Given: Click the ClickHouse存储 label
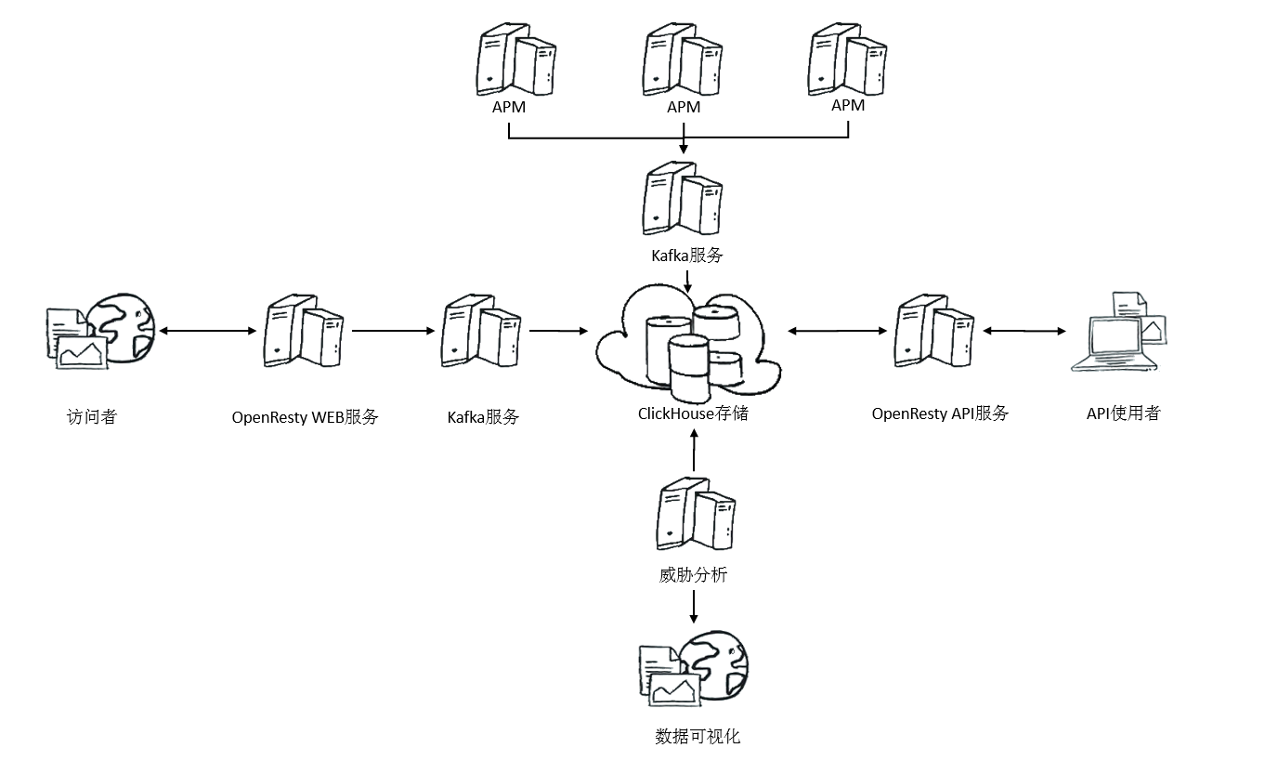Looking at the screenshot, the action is [693, 413].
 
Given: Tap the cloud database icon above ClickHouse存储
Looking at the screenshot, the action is [688, 343].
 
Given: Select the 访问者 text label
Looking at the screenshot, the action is [91, 417].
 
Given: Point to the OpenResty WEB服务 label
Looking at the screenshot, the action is [305, 417].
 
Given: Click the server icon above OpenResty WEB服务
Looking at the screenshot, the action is [304, 331].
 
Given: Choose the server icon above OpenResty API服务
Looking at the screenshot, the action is [934, 331].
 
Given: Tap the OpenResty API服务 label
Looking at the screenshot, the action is [940, 413].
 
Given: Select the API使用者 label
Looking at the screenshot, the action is [1124, 413].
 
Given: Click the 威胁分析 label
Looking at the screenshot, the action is [693, 574].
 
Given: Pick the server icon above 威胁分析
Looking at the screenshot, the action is [696, 513].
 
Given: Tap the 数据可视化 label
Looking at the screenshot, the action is [698, 737].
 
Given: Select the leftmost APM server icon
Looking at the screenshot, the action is [515, 59].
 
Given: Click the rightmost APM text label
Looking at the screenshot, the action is [848, 105].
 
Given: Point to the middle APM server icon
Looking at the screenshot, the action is [683, 59].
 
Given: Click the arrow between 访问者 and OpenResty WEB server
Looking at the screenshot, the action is [208, 331].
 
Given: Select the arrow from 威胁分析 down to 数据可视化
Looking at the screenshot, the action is [693, 607].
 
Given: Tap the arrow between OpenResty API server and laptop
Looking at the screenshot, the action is [1024, 331].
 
